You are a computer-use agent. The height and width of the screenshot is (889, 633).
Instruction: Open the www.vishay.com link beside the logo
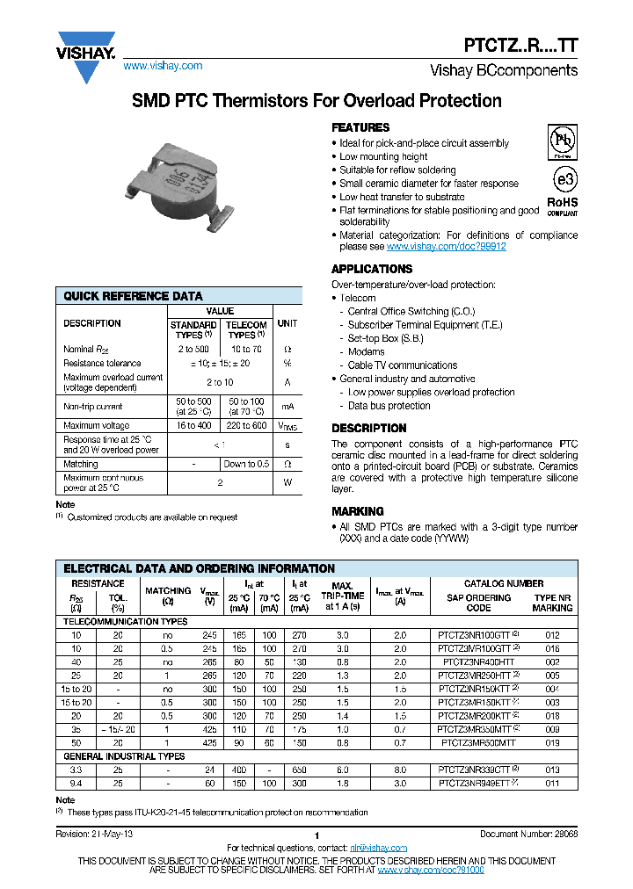tap(163, 66)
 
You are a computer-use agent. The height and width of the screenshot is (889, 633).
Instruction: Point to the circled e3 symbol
tap(563, 179)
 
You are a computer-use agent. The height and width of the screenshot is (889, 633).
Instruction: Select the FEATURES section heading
tap(360, 127)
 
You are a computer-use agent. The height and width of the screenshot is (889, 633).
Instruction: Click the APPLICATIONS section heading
tap(371, 269)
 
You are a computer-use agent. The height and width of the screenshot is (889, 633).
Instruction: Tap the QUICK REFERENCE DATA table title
tap(133, 297)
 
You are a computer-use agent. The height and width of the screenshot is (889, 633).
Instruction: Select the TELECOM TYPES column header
tap(246, 329)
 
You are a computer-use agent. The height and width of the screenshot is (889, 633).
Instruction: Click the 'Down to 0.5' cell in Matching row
tap(246, 464)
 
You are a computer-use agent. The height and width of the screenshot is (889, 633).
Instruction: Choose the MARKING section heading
tap(357, 511)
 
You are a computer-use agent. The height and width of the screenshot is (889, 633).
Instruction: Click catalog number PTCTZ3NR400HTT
tap(478, 661)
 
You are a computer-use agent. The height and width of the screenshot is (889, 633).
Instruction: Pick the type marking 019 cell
tap(552, 742)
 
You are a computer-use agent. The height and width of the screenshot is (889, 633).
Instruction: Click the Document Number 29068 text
tap(528, 834)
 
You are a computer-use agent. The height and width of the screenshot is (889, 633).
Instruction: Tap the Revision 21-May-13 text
tap(94, 834)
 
